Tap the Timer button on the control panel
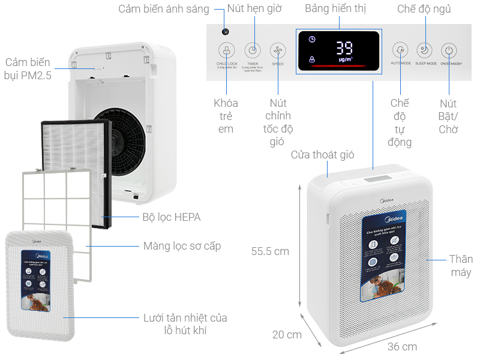click(253, 50)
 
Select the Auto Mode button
click(400, 50)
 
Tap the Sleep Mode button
click(425, 50)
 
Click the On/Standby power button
click(449, 50)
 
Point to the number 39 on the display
click(344, 48)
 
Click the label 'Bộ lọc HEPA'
click(171, 217)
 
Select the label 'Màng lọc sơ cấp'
click(182, 246)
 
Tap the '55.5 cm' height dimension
click(270, 251)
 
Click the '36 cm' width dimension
click(401, 347)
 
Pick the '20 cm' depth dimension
click(287, 335)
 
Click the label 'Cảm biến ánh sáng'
click(163, 9)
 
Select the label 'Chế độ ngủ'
click(424, 9)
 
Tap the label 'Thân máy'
click(461, 266)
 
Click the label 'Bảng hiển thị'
click(335, 9)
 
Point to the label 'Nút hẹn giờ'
click(258, 9)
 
